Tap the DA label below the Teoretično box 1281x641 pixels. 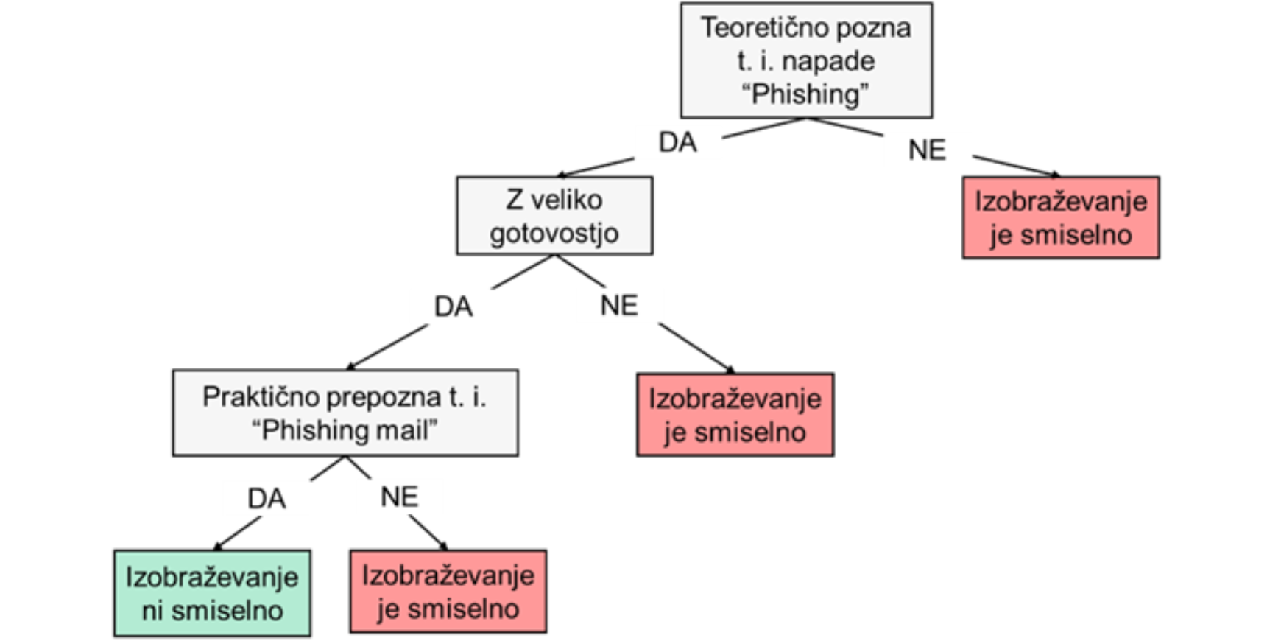click(677, 142)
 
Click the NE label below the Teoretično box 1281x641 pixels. click(927, 150)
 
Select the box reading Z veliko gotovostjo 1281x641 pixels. click(554, 216)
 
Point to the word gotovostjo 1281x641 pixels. click(554, 234)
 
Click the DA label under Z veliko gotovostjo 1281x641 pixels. click(453, 307)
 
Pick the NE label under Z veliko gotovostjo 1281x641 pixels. click(619, 305)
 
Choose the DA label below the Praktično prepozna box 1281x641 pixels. click(267, 499)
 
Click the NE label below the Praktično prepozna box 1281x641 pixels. click(400, 497)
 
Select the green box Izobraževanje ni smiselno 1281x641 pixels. click(212, 593)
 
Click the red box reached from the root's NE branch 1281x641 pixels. click(1061, 217)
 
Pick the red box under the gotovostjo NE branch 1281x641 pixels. click(735, 415)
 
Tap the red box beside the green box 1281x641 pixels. click(448, 591)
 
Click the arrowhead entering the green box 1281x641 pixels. click(218, 546)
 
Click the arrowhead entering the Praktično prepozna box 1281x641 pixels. click(351, 365)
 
